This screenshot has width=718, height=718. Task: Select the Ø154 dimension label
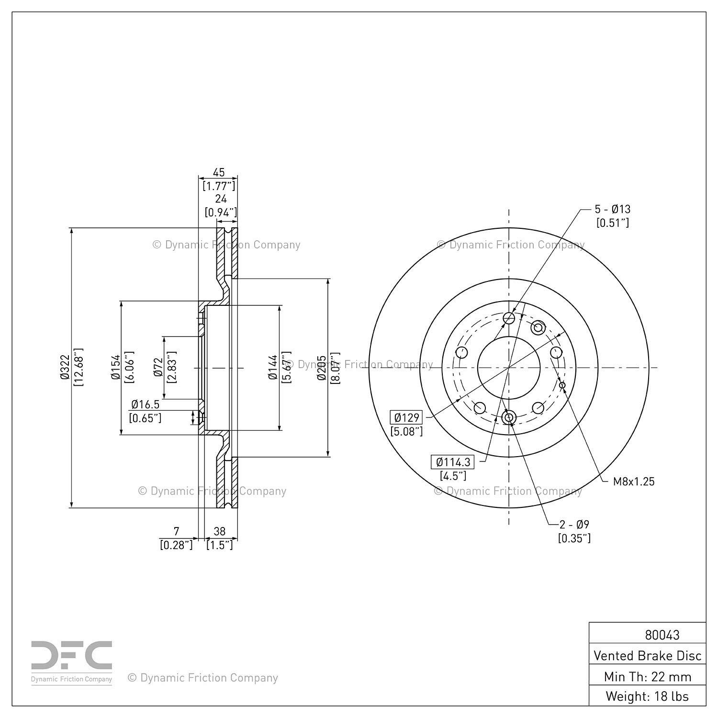[115, 368]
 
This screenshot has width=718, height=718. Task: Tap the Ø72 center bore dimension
[158, 368]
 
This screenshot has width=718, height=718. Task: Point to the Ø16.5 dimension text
[145, 404]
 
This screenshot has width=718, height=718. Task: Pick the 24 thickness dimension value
[221, 199]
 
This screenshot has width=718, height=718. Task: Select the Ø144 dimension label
[273, 368]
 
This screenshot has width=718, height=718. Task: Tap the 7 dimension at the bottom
[176, 531]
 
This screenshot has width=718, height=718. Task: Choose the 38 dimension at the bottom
[220, 531]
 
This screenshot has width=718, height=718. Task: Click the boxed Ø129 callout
[407, 417]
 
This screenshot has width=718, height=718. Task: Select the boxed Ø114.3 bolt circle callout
[453, 462]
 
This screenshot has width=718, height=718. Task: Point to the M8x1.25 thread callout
[634, 482]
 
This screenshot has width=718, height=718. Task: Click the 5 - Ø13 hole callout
[613, 209]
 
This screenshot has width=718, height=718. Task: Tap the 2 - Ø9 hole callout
[574, 524]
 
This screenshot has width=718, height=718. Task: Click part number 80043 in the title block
[662, 635]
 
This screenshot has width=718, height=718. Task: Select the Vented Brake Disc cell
[648, 655]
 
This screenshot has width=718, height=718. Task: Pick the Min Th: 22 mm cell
[648, 676]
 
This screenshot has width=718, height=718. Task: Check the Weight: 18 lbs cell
[648, 696]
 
